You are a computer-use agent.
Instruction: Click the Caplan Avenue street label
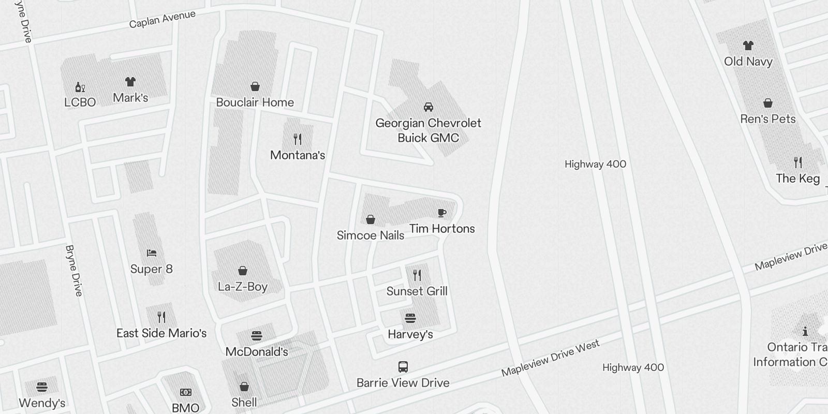[162, 20]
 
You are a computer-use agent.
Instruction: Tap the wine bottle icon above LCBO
[80, 87]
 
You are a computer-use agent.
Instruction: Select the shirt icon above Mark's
[130, 82]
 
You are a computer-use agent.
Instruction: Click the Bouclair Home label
[255, 102]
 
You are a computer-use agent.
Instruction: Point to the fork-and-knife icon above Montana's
[298, 139]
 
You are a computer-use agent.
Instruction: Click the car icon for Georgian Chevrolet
[428, 107]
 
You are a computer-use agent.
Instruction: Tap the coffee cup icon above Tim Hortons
[441, 213]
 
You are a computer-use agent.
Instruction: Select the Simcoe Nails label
[371, 235]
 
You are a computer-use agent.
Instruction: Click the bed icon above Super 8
[151, 253]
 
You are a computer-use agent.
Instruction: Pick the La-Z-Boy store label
[243, 287]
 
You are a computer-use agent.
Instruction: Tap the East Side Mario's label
[161, 333]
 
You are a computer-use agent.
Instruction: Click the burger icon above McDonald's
[256, 336]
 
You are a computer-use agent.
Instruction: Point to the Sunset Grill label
[417, 291]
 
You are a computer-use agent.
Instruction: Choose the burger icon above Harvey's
[410, 318]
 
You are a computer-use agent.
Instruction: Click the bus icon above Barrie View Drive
[403, 367]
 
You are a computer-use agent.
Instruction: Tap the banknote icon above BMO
[185, 392]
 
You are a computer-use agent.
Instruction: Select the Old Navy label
[748, 62]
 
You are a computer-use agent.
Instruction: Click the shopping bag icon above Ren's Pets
[768, 103]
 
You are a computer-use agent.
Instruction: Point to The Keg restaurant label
[798, 179]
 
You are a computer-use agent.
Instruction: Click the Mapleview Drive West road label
[551, 358]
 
